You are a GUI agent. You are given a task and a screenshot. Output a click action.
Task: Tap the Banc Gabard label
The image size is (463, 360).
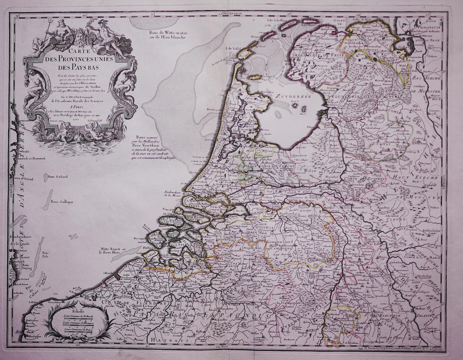(x=57, y=177)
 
